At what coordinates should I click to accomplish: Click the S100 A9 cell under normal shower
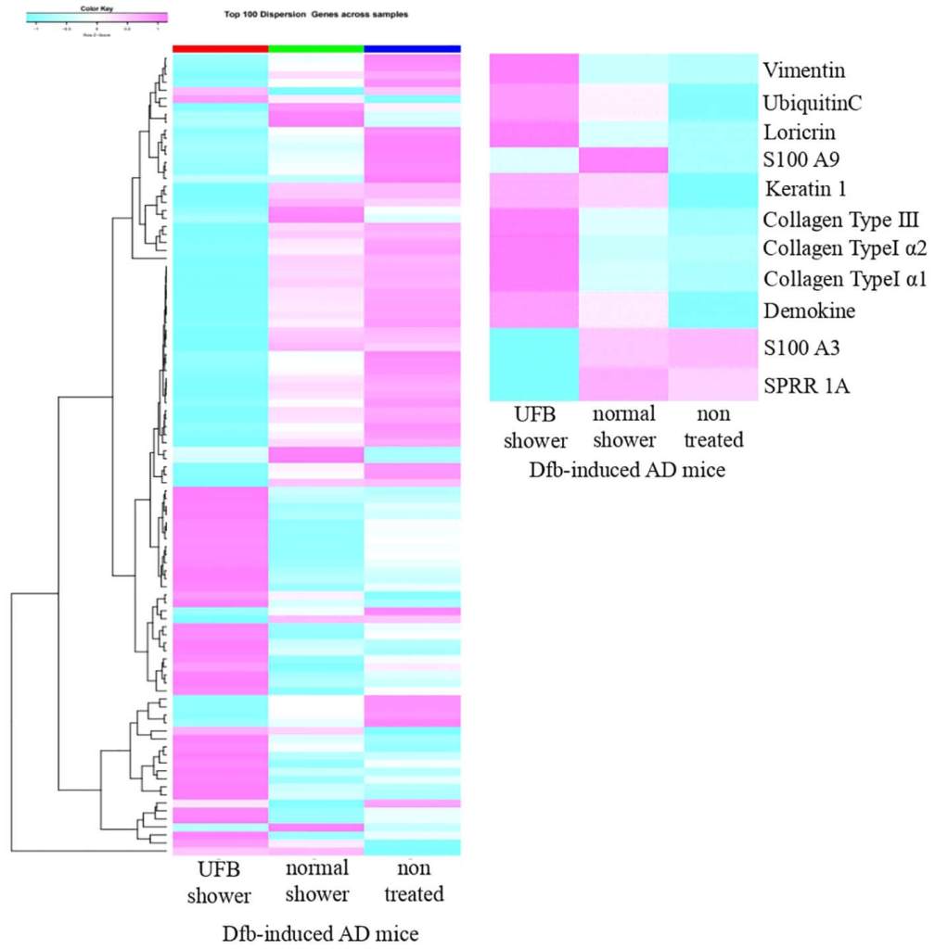(x=623, y=160)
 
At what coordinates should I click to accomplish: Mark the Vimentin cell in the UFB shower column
(x=534, y=70)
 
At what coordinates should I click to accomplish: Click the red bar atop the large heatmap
(x=220, y=48)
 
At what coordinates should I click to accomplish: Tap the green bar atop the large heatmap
(x=316, y=48)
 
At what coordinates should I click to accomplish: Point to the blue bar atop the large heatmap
(x=413, y=48)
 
